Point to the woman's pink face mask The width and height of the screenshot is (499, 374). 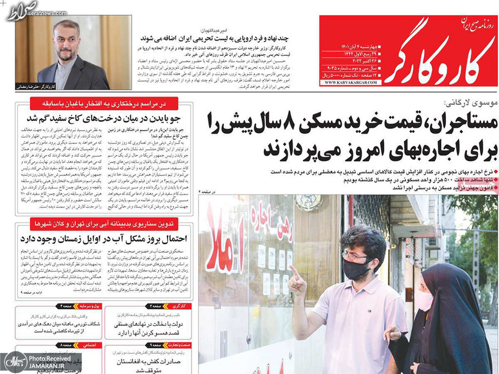tap(424, 300)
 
